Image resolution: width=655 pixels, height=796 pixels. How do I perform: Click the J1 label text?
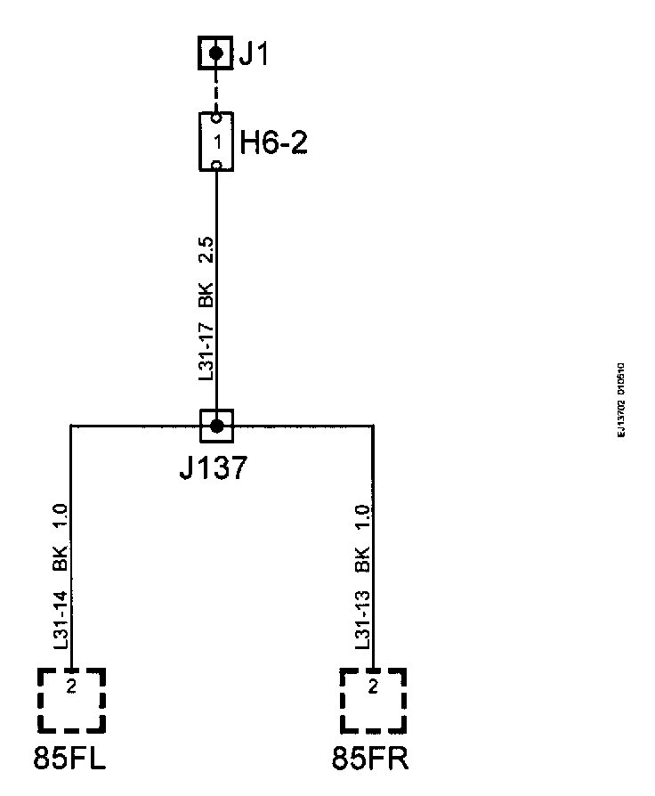(x=253, y=54)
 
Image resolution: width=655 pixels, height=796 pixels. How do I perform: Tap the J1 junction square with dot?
(x=215, y=53)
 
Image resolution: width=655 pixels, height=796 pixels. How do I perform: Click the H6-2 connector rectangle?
(x=215, y=141)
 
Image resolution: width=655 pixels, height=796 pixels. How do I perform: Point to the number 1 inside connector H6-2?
(x=216, y=141)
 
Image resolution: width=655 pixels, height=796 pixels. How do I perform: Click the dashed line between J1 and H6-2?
(x=215, y=91)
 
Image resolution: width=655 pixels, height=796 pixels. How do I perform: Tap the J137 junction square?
(x=216, y=426)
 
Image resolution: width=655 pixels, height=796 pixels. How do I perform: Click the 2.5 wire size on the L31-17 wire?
(x=205, y=249)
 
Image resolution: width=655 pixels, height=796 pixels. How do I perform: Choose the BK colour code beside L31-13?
(x=362, y=561)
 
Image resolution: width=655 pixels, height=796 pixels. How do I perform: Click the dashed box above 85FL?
(x=71, y=700)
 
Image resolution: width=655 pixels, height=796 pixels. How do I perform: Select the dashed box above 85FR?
(x=373, y=700)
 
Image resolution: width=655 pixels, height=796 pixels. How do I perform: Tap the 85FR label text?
(x=371, y=759)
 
